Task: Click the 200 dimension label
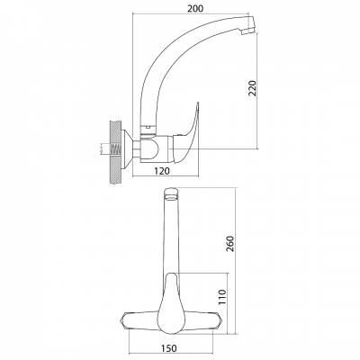pos(195,9)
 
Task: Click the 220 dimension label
pos(253,88)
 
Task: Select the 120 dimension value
pos(162,171)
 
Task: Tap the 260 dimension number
pos(229,244)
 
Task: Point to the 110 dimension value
pos(222,297)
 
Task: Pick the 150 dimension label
pos(168,348)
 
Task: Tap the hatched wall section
pos(115,152)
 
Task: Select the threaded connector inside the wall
pos(116,148)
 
